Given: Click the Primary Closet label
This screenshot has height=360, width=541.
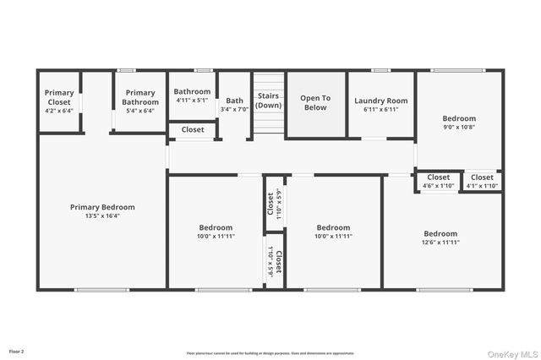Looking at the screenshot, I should (x=59, y=96).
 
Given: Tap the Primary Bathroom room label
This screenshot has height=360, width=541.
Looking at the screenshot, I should (x=139, y=96).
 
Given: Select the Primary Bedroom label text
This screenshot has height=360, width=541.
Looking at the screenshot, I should (x=102, y=207).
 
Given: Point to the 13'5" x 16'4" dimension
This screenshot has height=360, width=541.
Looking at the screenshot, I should (x=102, y=215).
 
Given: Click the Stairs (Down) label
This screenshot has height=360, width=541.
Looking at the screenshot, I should (x=268, y=101).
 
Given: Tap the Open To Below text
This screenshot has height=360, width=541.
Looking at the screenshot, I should (x=314, y=102).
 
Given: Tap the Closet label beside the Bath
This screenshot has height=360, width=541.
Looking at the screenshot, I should (x=193, y=130).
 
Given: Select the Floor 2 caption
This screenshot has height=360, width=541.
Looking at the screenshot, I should (x=17, y=350).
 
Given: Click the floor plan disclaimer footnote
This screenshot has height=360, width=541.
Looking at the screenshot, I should (x=270, y=352).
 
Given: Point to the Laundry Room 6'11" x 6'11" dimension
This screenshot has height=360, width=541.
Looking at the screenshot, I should (x=380, y=109).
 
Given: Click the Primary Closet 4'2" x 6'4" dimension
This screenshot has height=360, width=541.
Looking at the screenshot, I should (x=59, y=109).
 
